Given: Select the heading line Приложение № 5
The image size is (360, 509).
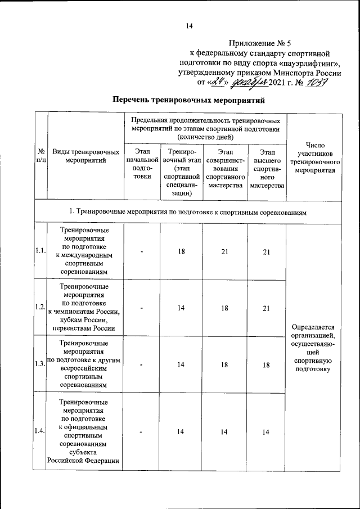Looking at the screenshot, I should [260, 43].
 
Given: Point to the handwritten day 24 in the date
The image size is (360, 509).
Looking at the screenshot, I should [217, 83].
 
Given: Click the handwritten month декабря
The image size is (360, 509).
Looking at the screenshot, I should [249, 83].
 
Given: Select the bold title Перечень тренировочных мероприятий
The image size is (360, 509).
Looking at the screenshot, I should [188, 101].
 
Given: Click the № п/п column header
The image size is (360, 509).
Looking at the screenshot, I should [40, 156].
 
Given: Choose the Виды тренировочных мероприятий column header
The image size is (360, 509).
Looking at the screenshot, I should [85, 156].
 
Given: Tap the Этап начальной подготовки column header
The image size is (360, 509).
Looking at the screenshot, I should [142, 163].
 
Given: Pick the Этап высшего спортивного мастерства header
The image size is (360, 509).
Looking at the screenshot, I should [267, 168].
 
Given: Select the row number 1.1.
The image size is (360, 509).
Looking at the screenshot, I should [40, 251].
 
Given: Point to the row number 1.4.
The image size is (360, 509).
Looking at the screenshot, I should [40, 431].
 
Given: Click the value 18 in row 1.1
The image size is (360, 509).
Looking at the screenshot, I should [182, 251].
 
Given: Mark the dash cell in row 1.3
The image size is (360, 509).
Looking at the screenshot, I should [142, 364].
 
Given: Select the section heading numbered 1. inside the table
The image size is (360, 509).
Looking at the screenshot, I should [188, 211].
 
